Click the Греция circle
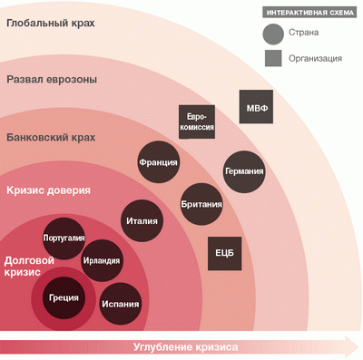(x=64, y=297)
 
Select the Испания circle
(x=121, y=304)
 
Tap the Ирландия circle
(x=102, y=260)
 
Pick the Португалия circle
(x=64, y=238)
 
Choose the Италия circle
(x=142, y=221)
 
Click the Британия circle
(x=201, y=204)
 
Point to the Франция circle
(x=158, y=162)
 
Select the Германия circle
(x=244, y=171)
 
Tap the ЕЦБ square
(x=225, y=253)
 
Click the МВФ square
(x=256, y=106)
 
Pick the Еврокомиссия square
(x=197, y=122)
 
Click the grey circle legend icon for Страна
(x=273, y=34)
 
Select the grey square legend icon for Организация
(x=273, y=58)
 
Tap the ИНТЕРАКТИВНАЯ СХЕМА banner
(x=310, y=13)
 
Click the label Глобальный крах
(x=51, y=24)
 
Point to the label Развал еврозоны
(x=52, y=80)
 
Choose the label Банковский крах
(x=51, y=138)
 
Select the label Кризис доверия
(x=48, y=190)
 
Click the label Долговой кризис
(x=29, y=266)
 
